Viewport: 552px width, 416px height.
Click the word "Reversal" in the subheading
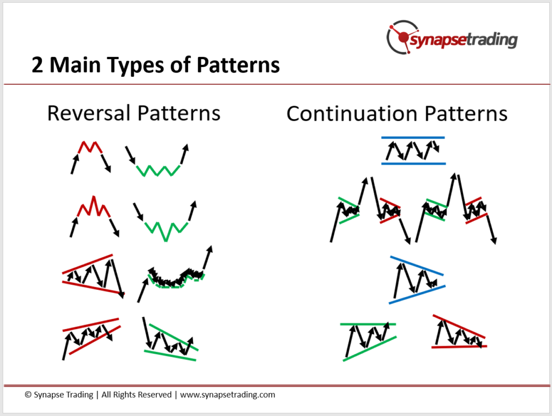point(89,113)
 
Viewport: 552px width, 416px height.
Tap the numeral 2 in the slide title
point(37,65)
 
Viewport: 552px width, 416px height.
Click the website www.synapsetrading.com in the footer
point(227,395)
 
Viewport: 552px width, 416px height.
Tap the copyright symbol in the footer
point(28,395)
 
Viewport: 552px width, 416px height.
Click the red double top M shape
point(90,147)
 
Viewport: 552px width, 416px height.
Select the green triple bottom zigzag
point(158,170)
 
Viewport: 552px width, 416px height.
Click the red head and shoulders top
point(94,207)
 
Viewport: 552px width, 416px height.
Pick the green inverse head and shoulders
point(166,231)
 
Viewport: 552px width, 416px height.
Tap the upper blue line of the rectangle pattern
point(413,137)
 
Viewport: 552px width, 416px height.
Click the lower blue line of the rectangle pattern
point(414,164)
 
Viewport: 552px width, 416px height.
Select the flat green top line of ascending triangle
point(368,324)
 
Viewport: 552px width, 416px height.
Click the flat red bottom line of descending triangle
point(459,347)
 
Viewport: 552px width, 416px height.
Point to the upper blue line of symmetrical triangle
point(417,266)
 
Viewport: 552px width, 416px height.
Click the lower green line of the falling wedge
point(170,355)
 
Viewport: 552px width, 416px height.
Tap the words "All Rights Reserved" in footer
point(137,395)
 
